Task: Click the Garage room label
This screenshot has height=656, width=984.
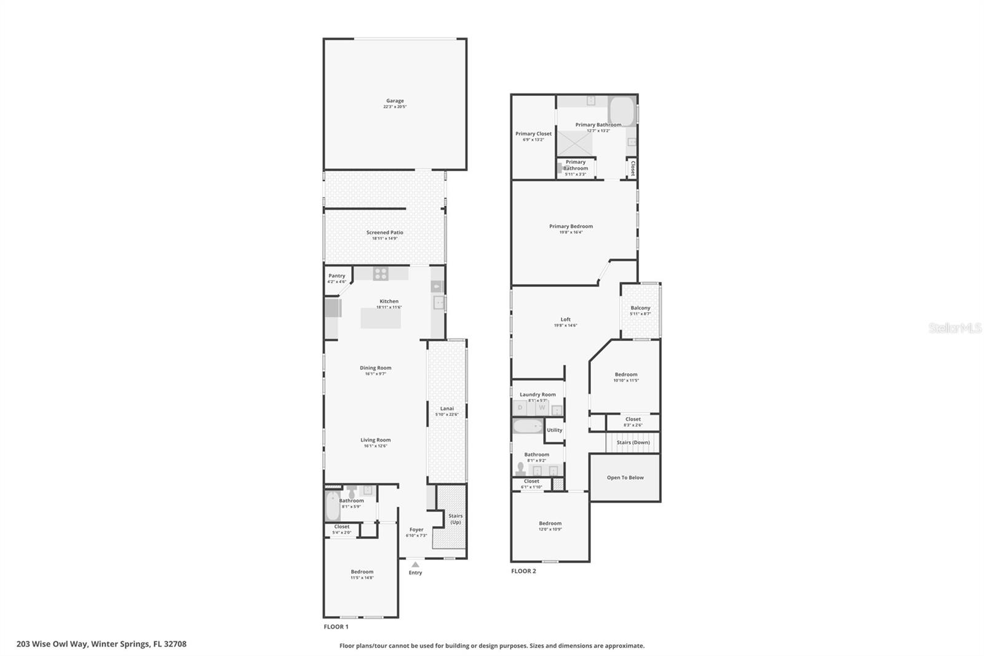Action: tap(395, 101)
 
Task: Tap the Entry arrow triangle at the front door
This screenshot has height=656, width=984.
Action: tap(415, 564)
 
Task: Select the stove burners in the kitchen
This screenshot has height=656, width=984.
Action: tap(381, 274)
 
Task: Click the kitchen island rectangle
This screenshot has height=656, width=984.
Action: tap(381, 318)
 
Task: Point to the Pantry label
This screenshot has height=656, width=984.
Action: tap(336, 276)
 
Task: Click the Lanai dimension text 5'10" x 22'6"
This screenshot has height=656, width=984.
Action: tap(446, 415)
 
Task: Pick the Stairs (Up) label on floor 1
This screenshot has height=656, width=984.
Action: tap(455, 519)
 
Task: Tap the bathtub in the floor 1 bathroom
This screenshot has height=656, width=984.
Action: tap(332, 506)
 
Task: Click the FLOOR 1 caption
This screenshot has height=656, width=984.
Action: tap(336, 626)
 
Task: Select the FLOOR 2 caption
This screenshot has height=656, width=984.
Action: tap(523, 571)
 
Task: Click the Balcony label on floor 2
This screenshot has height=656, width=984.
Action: tap(640, 308)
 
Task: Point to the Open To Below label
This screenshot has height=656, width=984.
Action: tap(625, 478)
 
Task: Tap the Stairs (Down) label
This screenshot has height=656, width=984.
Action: tap(633, 442)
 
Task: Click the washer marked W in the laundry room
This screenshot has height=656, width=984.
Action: tap(542, 408)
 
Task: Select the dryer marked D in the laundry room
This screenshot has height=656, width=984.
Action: tap(520, 408)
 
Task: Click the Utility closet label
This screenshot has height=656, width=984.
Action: tap(554, 430)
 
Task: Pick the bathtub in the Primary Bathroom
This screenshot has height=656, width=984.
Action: tap(622, 110)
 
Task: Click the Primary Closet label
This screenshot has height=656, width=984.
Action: tap(533, 134)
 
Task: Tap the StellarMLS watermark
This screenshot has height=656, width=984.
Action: tap(954, 329)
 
